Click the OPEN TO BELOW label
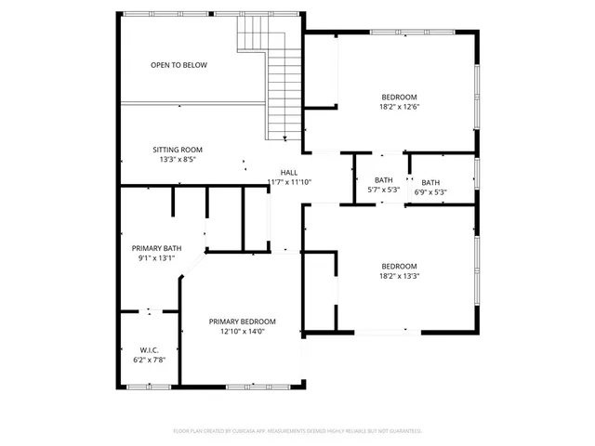coord(179,65)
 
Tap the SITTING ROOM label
coord(178,150)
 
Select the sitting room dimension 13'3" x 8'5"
coord(178,160)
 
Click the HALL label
coord(289,172)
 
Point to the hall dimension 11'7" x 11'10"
coord(289,182)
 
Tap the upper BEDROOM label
coord(399,97)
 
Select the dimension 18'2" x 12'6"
coord(399,107)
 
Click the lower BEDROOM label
coord(399,266)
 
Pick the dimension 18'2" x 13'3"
coord(399,276)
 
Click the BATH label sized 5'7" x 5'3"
coord(384,180)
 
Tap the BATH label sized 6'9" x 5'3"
coord(430,182)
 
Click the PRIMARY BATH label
coord(156,248)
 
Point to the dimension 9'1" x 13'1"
coord(156,258)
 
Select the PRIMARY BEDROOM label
coord(242,321)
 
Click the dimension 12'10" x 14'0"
coord(242,332)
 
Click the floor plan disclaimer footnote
coord(297,431)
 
